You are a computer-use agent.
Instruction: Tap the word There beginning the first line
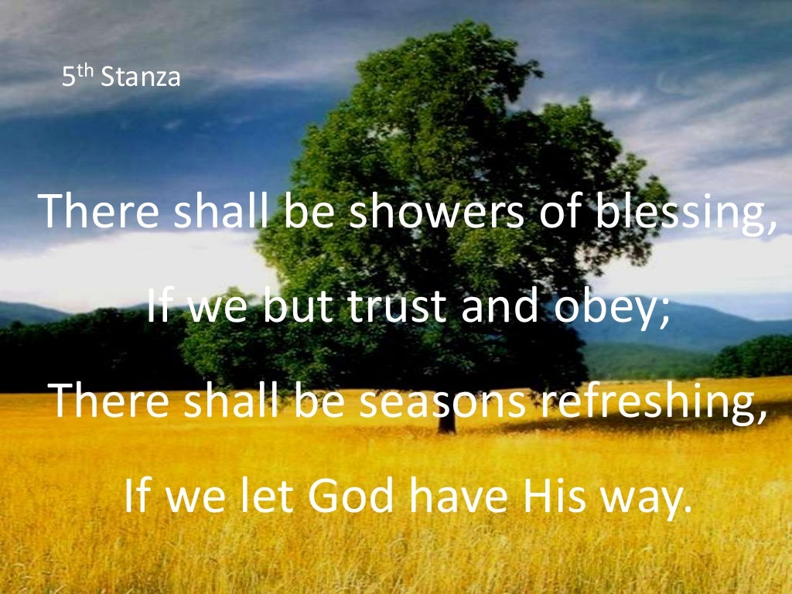click(100, 212)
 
